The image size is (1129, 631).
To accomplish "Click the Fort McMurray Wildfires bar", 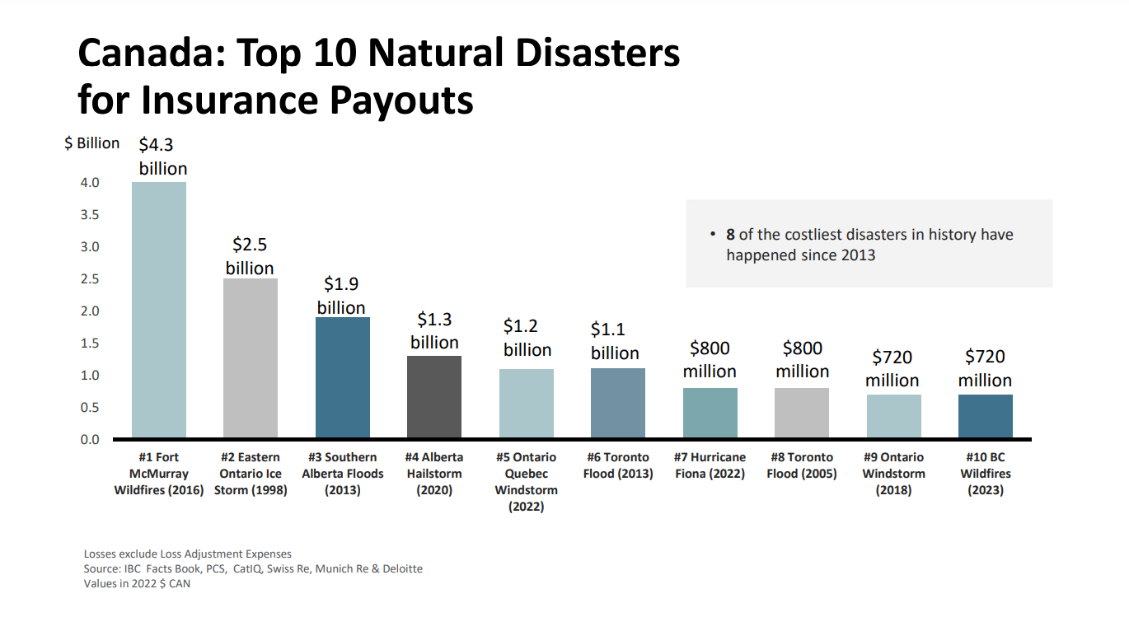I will (159, 310).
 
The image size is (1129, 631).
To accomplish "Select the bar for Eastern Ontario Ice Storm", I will (251, 358).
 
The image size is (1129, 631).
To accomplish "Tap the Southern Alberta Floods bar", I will (343, 377).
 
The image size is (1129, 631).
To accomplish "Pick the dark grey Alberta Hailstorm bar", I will (434, 397).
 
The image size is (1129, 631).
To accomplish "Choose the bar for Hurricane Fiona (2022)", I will (710, 413).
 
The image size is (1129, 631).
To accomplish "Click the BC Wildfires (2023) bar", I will (986, 416).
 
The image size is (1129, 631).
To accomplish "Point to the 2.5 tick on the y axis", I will (90, 279).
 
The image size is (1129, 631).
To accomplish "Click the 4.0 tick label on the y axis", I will (90, 183).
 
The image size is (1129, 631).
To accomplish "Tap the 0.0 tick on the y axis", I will (90, 440).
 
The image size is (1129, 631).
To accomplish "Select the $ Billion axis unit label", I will (92, 143).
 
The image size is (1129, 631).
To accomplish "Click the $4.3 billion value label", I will (162, 157).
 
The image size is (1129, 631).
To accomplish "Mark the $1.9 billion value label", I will (342, 296).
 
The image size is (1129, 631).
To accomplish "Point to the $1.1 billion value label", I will (614, 341).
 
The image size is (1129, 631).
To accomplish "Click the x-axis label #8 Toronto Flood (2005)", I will (802, 465).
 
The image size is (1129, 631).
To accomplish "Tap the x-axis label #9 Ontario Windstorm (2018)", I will (893, 474).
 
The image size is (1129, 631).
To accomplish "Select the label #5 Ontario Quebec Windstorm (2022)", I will (526, 482).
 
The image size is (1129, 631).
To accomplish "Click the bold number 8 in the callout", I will (730, 235).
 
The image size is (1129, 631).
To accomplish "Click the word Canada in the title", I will (149, 53).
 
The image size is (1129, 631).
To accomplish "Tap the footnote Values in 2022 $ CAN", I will (137, 584).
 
